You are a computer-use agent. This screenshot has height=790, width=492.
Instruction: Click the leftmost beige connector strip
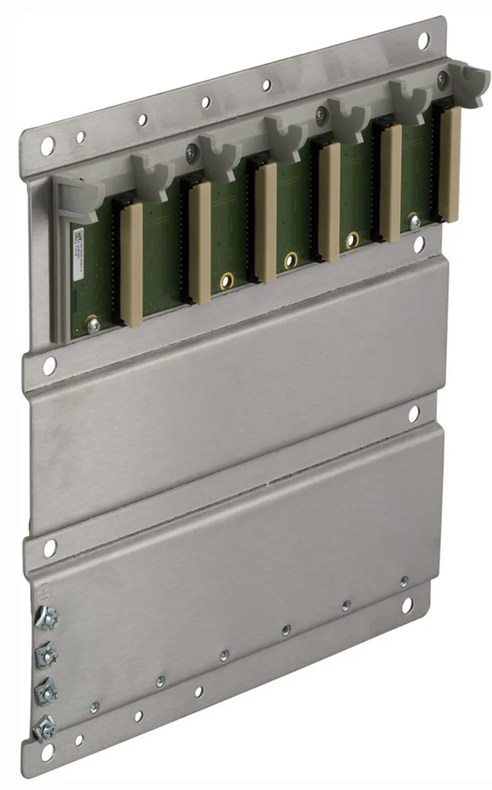tap(131, 264)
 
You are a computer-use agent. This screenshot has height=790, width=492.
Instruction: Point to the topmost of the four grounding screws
tap(46, 617)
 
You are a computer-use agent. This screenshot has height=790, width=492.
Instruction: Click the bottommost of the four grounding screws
tap(45, 727)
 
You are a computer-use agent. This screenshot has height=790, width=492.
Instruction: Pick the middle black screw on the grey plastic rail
tap(321, 115)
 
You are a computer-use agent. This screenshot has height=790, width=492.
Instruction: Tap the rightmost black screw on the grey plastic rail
tap(442, 80)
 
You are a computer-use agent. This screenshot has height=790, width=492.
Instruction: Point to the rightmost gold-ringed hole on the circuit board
tap(353, 240)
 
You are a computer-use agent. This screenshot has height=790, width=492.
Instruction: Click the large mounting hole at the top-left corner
tap(47, 147)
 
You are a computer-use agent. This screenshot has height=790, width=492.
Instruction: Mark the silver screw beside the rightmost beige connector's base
tap(415, 222)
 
